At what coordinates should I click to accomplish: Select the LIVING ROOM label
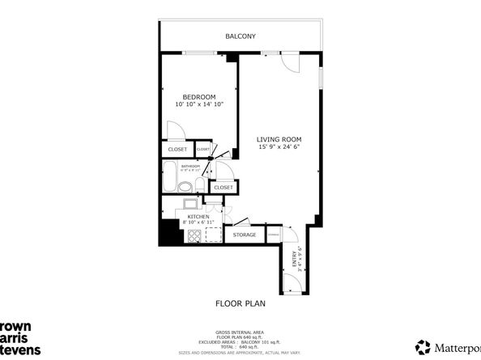coord(277,138)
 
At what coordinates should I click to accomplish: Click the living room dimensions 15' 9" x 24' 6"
coord(277,147)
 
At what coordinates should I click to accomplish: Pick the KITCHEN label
coord(199,217)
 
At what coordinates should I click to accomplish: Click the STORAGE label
coord(245,235)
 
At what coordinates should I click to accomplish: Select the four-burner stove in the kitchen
coord(194,235)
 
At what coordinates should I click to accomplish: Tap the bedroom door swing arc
coord(174,130)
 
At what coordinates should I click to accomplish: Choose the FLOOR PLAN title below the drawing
coord(240,304)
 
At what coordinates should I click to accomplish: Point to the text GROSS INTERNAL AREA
coord(240,332)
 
